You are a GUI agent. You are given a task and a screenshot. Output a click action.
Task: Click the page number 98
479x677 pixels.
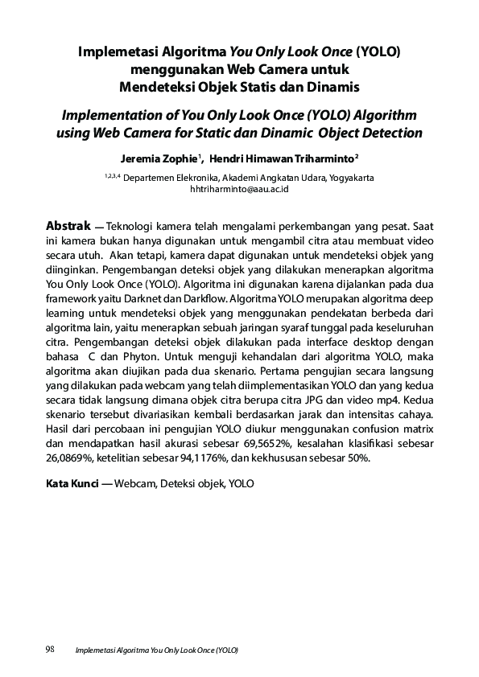48,649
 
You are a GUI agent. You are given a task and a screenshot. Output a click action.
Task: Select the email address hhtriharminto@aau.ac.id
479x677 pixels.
239,189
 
